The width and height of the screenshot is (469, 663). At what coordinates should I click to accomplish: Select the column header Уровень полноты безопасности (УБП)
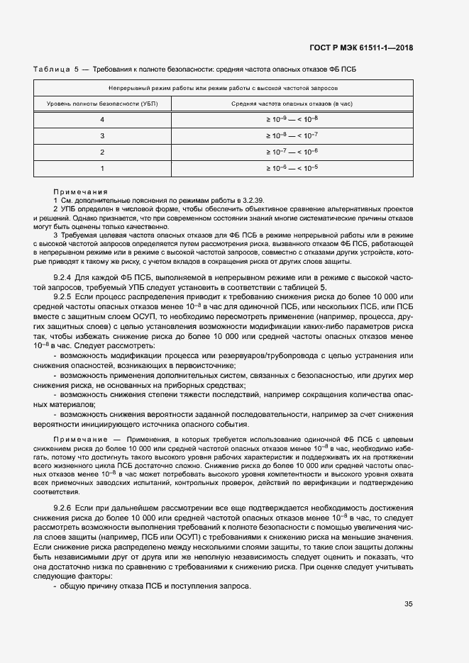102,104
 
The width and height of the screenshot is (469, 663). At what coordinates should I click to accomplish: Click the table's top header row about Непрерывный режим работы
223,88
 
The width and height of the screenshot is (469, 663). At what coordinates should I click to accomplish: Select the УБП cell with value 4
102,119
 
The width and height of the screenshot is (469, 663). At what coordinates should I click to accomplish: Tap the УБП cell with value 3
102,135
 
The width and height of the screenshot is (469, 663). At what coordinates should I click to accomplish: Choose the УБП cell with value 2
102,152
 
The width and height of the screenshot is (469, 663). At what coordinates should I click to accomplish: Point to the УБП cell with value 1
102,168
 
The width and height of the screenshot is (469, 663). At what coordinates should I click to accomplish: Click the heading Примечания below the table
80,191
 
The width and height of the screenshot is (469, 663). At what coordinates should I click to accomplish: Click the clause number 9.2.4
64,279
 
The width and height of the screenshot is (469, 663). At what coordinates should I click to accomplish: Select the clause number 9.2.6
64,510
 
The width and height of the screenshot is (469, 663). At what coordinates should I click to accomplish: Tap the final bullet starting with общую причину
155,588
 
